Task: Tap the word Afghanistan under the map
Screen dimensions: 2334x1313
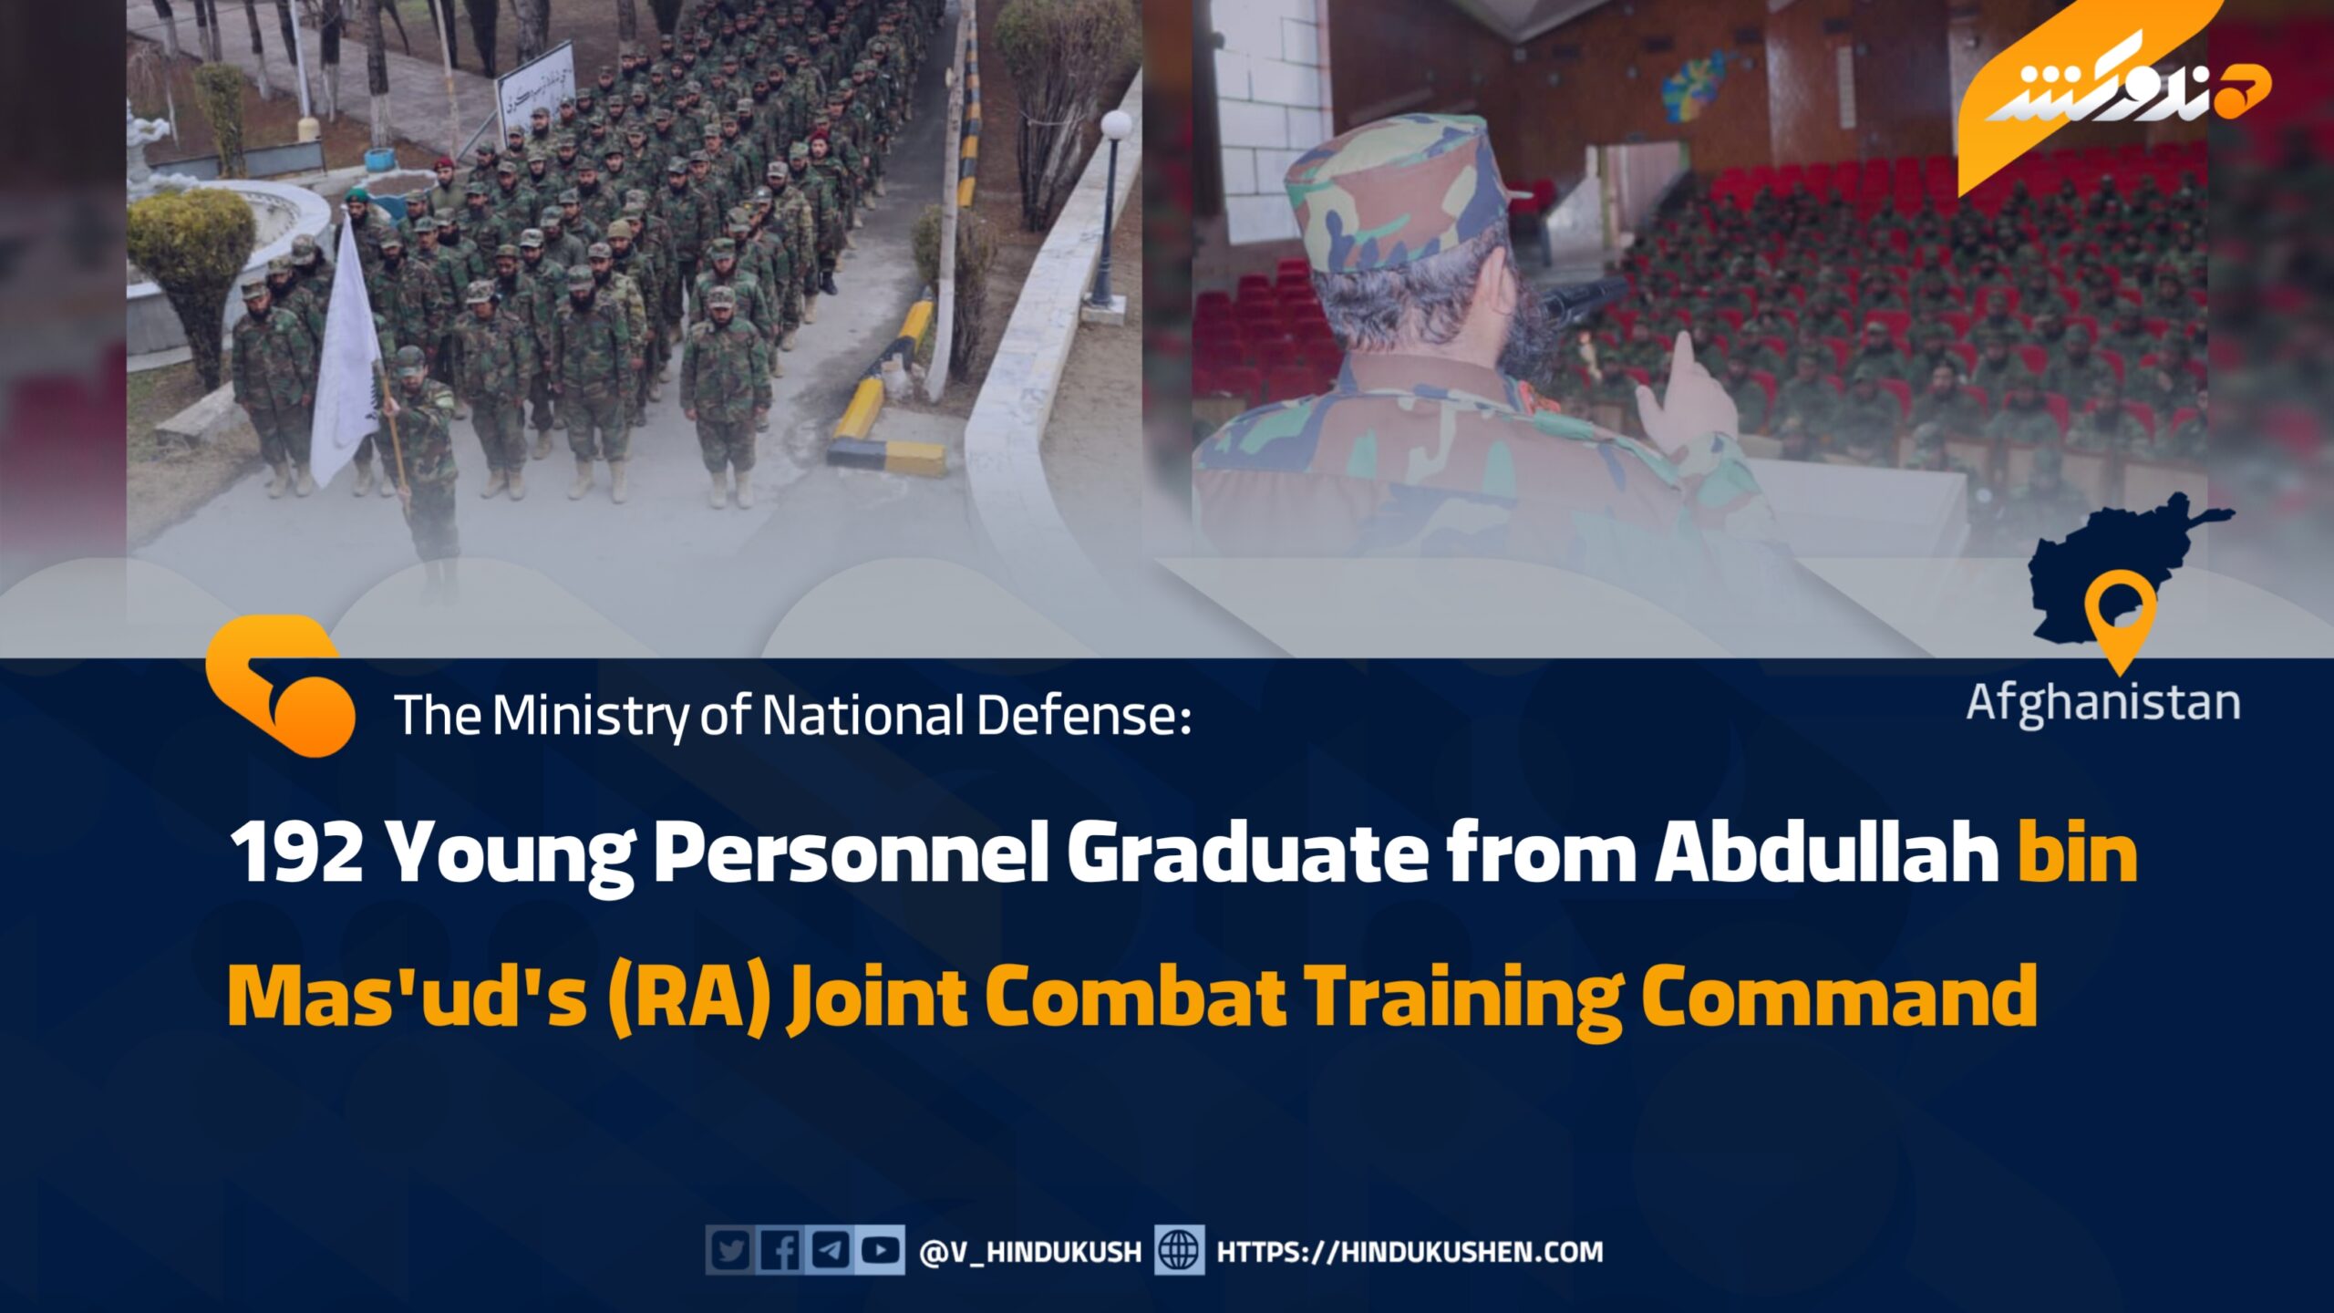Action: click(2102, 704)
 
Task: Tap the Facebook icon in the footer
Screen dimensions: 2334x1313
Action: click(780, 1251)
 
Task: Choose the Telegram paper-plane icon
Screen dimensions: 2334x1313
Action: click(830, 1251)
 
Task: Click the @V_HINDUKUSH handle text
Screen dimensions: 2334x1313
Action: click(1030, 1252)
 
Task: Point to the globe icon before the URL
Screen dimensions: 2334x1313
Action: click(1179, 1251)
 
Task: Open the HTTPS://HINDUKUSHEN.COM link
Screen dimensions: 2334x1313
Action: click(1410, 1252)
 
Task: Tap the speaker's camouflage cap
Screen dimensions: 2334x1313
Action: click(1395, 191)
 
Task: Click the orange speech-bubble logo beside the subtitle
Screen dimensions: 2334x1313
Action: click(279, 686)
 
